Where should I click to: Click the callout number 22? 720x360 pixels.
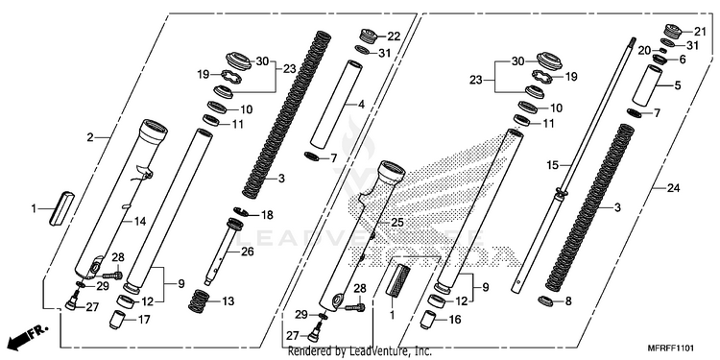pyautogui.click(x=394, y=36)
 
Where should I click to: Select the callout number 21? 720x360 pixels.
pyautogui.click(x=699, y=32)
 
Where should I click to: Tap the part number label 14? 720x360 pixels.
pyautogui.click(x=140, y=222)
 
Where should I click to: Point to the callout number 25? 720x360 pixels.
pyautogui.click(x=397, y=223)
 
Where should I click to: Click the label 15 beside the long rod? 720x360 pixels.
pyautogui.click(x=553, y=165)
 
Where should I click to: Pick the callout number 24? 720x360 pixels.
pyautogui.click(x=674, y=188)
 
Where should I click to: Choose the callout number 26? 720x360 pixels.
pyautogui.click(x=247, y=252)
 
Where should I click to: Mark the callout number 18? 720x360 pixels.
pyautogui.click(x=267, y=215)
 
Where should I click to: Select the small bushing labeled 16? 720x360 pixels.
pyautogui.click(x=428, y=320)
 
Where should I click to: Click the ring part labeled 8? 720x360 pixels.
pyautogui.click(x=545, y=301)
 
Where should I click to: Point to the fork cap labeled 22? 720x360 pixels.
pyautogui.click(x=368, y=35)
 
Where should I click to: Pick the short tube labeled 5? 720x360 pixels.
pyautogui.click(x=647, y=84)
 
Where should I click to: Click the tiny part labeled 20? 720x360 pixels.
pyautogui.click(x=663, y=50)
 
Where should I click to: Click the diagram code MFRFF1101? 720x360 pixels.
pyautogui.click(x=670, y=348)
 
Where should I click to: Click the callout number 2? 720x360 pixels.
pyautogui.click(x=90, y=137)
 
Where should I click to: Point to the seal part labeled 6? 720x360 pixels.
pyautogui.click(x=660, y=60)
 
